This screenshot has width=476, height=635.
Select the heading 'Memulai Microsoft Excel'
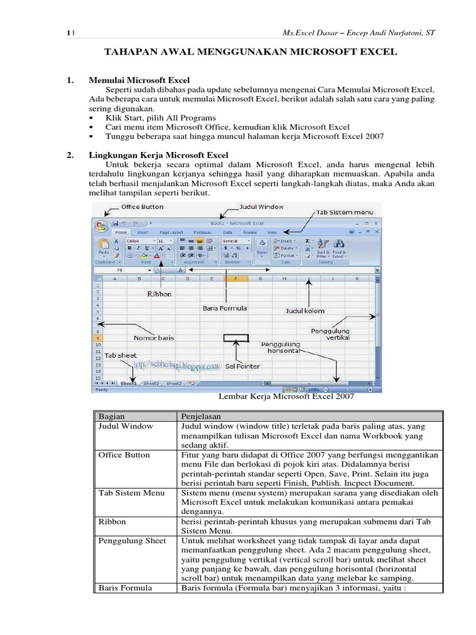(x=139, y=80)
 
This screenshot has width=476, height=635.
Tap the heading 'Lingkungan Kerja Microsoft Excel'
(x=159, y=154)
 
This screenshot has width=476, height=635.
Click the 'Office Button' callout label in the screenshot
(x=142, y=206)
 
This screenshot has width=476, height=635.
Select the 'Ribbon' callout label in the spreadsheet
(x=159, y=294)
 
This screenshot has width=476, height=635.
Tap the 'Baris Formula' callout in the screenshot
(x=225, y=308)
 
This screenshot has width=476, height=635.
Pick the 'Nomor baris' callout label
(x=154, y=338)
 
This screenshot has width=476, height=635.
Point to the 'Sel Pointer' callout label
(x=242, y=366)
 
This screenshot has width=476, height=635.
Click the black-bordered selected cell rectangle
(x=236, y=338)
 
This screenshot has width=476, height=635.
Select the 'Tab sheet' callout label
(x=120, y=355)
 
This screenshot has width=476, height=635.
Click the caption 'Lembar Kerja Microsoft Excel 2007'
(x=287, y=396)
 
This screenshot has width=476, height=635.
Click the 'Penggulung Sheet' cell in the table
(x=132, y=541)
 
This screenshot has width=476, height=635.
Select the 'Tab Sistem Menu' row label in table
(x=131, y=492)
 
